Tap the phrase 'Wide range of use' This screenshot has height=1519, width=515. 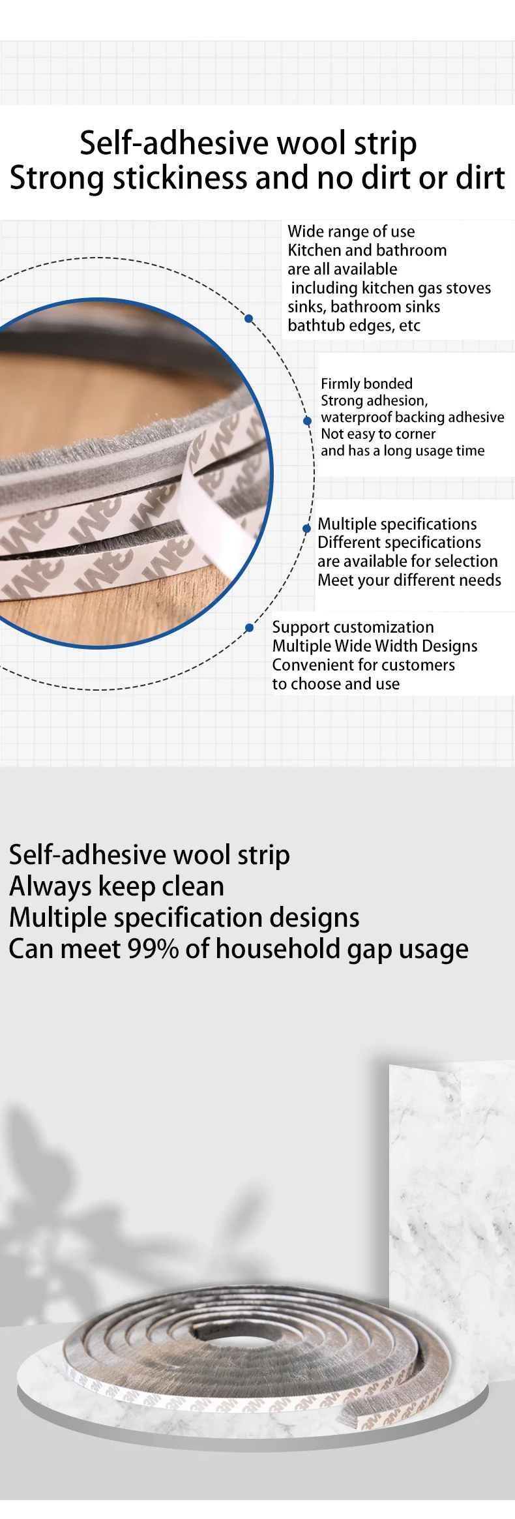(x=351, y=232)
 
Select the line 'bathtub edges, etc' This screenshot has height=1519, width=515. (x=354, y=325)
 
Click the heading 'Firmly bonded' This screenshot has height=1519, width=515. (x=366, y=384)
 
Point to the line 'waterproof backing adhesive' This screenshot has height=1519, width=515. (x=412, y=417)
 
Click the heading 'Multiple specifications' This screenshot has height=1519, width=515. (x=397, y=524)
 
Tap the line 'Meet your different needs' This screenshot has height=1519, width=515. (x=409, y=580)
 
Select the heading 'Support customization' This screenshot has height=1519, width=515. (x=353, y=627)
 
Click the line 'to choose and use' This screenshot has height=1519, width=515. (x=336, y=684)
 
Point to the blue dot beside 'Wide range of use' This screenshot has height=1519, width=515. (x=248, y=319)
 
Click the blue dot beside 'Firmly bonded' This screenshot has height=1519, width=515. (x=307, y=421)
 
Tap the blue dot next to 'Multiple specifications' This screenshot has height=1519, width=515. (x=306, y=528)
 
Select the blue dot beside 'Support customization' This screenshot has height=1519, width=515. (x=249, y=627)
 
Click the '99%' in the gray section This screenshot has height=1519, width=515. (x=153, y=949)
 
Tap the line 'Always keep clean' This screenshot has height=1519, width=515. (x=117, y=886)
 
